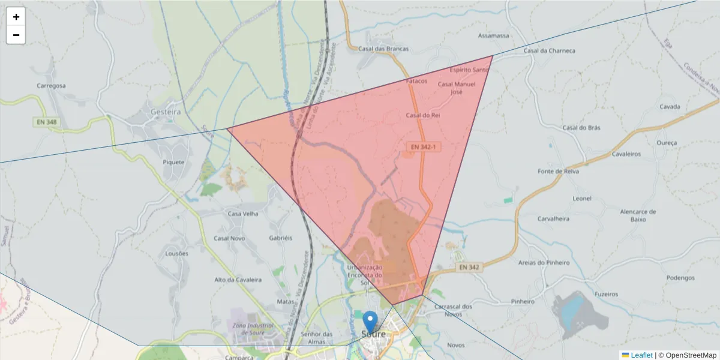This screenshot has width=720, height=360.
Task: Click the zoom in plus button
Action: tap(16, 17)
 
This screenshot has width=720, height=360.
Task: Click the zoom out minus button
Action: tap(16, 35)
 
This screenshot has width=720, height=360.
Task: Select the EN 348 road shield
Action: tap(46, 122)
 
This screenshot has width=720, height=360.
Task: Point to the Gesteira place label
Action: tap(165, 112)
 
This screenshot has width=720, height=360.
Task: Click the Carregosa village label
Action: tap(51, 86)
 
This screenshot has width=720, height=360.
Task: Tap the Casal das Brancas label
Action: tap(383, 49)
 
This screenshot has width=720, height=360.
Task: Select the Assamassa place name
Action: tap(494, 35)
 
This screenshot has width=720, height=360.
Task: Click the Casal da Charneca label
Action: tap(550, 51)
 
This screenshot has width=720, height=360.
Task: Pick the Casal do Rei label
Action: tap(424, 115)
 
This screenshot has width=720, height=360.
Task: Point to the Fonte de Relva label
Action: tap(558, 172)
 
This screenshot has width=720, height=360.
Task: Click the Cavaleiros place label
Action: tap(626, 154)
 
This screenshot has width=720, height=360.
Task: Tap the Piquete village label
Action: tap(174, 162)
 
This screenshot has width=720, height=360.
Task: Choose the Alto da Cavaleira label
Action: tap(238, 280)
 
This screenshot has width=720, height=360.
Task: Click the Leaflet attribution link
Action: tap(641, 355)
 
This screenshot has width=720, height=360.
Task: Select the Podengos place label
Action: tap(680, 278)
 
